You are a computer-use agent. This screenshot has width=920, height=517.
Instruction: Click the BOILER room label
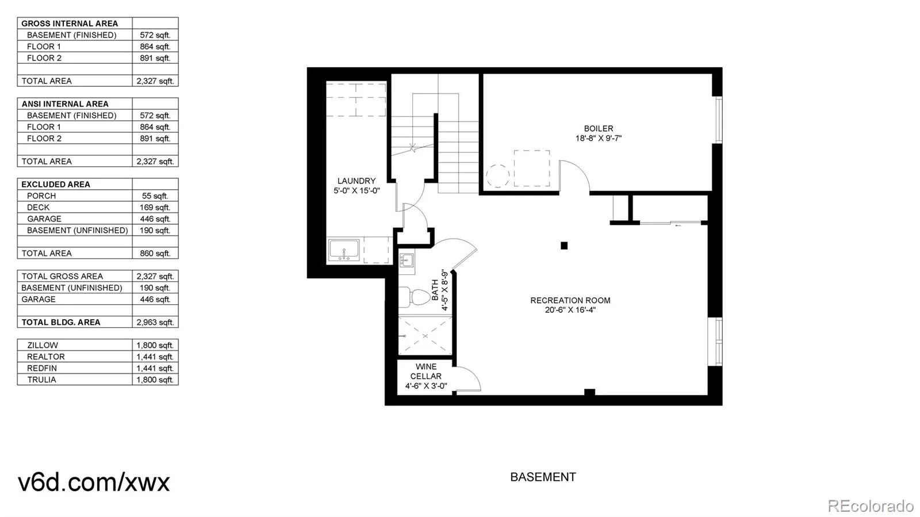click(x=598, y=133)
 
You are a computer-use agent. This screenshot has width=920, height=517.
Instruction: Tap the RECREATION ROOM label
click(x=570, y=305)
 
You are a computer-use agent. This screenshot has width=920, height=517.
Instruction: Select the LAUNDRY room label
click(x=356, y=185)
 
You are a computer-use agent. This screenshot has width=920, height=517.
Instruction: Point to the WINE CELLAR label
click(x=425, y=376)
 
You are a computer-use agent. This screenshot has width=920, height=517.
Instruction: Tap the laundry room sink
click(x=344, y=251)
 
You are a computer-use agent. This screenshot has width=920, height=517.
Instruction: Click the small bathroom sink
click(x=407, y=260)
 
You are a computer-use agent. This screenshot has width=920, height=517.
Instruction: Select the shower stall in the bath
click(x=425, y=335)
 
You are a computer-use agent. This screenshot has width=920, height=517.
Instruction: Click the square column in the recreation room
click(x=564, y=246)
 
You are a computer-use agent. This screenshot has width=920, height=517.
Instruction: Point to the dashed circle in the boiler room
click(x=497, y=176)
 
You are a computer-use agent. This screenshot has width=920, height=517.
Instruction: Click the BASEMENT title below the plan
click(x=543, y=477)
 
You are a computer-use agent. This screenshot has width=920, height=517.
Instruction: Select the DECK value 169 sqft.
click(x=155, y=207)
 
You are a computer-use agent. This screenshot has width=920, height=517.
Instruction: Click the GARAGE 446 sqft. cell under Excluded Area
click(x=155, y=219)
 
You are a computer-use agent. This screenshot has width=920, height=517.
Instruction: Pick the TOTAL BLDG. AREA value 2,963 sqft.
click(x=155, y=322)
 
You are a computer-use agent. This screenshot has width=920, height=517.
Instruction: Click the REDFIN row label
click(x=42, y=368)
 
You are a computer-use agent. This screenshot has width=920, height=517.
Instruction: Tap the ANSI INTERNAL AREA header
click(x=65, y=104)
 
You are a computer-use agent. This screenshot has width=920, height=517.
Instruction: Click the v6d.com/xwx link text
click(x=94, y=482)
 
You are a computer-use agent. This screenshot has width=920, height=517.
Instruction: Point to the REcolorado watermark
click(x=870, y=505)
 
